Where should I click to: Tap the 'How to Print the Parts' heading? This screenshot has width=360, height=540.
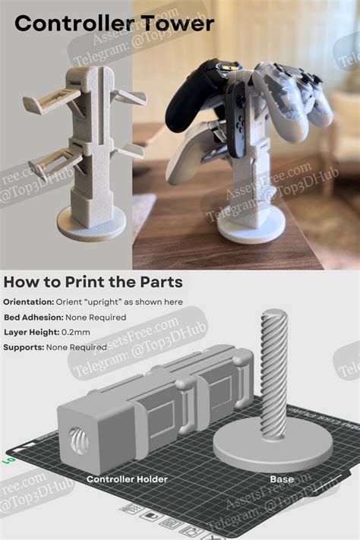point(93,283)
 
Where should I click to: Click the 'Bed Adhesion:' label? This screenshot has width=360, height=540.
point(33,317)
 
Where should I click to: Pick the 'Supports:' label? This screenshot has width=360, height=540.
point(24,347)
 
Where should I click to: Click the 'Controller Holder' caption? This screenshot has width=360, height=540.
point(127,479)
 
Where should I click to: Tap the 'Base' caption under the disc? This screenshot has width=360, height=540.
point(282,479)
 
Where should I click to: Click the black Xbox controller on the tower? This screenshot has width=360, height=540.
point(198,98)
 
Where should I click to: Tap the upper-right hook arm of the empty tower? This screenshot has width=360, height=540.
point(131,98)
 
